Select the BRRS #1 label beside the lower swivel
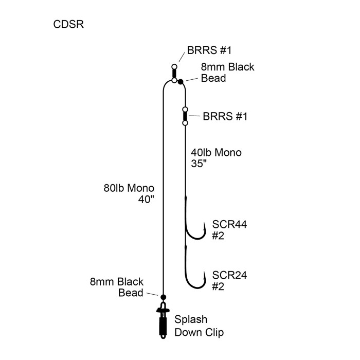pyautogui.click(x=225, y=116)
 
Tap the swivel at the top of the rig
pyautogui.click(x=175, y=74)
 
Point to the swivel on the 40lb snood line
pyautogui.click(x=185, y=116)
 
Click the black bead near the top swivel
pyautogui.click(x=181, y=81)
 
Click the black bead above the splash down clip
pyautogui.click(x=163, y=297)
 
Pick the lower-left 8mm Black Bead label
pyautogui.click(x=116, y=287)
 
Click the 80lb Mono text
pyautogui.click(x=129, y=188)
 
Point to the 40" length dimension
pyautogui.click(x=146, y=200)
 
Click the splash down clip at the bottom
pyautogui.click(x=163, y=321)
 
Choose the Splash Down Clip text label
pyautogui.click(x=199, y=325)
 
